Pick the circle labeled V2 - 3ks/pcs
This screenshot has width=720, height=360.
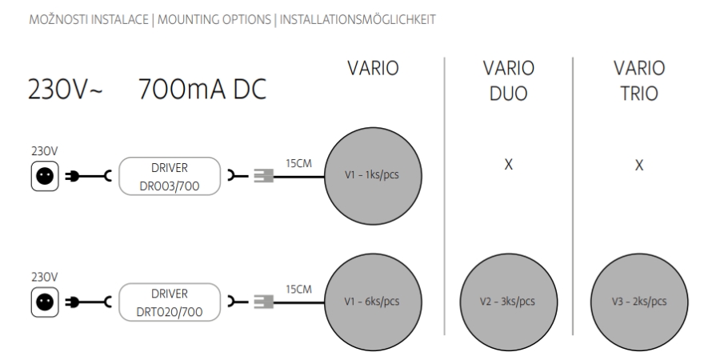(508, 302)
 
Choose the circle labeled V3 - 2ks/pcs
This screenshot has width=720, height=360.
(638, 302)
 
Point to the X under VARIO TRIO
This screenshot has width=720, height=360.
(638, 166)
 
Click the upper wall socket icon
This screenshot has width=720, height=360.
(43, 178)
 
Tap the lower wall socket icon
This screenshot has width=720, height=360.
(43, 301)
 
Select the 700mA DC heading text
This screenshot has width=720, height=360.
(202, 95)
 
